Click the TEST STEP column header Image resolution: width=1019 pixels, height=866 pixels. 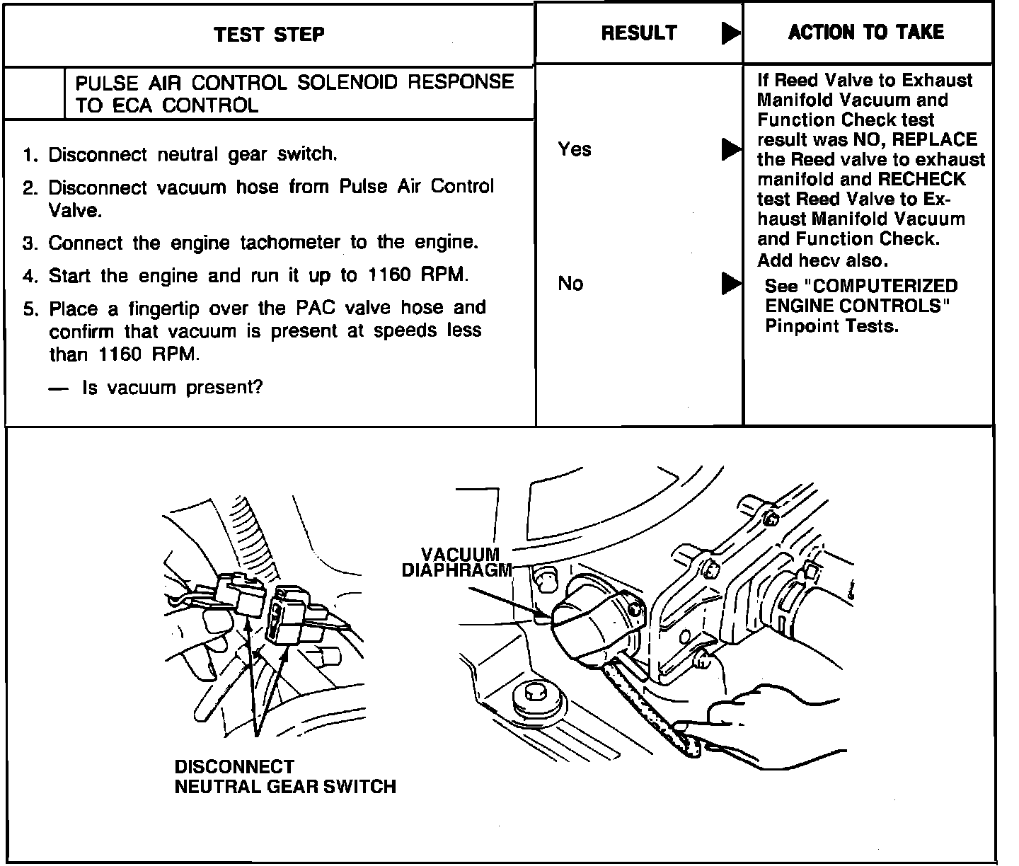pyautogui.click(x=269, y=34)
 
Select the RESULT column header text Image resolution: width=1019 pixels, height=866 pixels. pyautogui.click(x=639, y=33)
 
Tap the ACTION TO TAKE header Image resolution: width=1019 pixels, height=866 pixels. pyautogui.click(x=866, y=32)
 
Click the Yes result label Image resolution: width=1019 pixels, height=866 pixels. pyautogui.click(x=574, y=149)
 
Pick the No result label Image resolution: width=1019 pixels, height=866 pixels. pyautogui.click(x=570, y=284)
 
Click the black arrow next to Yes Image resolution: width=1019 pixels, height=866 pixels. pyautogui.click(x=731, y=149)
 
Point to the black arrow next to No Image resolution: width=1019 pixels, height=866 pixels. pyautogui.click(x=731, y=284)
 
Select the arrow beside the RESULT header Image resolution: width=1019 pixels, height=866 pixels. pyautogui.click(x=731, y=33)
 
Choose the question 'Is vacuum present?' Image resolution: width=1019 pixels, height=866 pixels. pyautogui.click(x=172, y=388)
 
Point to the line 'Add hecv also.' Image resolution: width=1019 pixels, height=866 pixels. pyautogui.click(x=822, y=260)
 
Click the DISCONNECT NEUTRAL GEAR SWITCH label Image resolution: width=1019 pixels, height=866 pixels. pyautogui.click(x=284, y=777)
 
